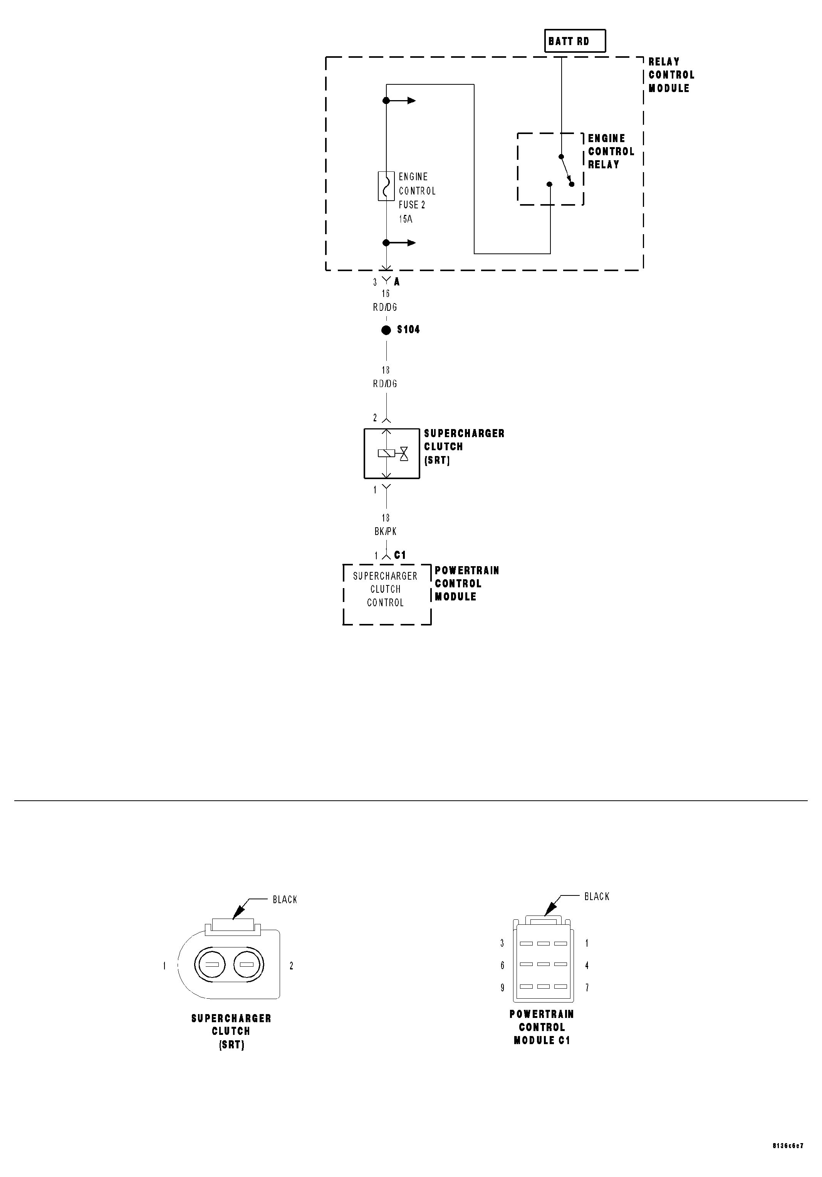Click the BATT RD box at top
click(x=574, y=41)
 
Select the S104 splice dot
click(x=386, y=330)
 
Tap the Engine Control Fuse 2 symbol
click(x=386, y=186)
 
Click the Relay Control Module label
click(x=671, y=75)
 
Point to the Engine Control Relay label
click(x=610, y=151)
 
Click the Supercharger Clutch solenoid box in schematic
click(x=391, y=453)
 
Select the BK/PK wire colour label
click(x=385, y=531)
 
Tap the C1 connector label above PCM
click(x=400, y=555)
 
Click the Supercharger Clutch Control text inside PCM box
click(x=385, y=589)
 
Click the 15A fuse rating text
click(x=405, y=219)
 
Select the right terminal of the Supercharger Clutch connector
click(x=247, y=965)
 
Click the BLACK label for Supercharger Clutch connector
click(x=285, y=900)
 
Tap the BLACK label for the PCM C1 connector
click(x=596, y=897)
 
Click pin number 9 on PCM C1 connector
click(x=502, y=988)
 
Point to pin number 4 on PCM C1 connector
click(x=587, y=965)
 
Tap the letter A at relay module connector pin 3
click(x=397, y=282)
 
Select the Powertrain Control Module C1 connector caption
click(x=542, y=1027)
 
